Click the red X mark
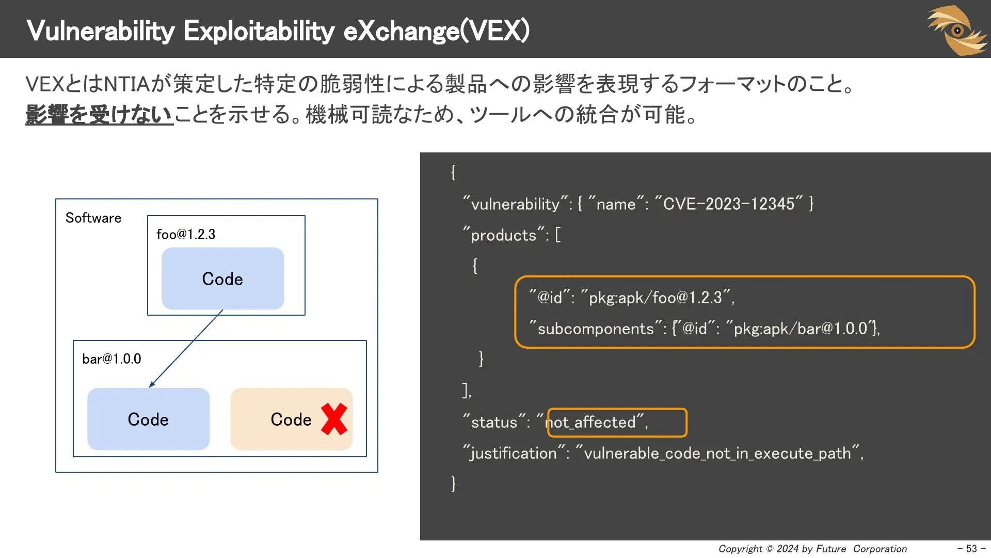click(x=334, y=419)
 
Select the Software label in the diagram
click(x=93, y=218)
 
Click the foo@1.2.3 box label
click(x=186, y=235)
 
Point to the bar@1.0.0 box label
click(x=111, y=359)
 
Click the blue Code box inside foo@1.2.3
click(x=222, y=279)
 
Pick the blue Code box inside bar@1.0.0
click(x=148, y=420)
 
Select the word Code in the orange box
click(x=291, y=420)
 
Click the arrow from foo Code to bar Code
click(x=186, y=349)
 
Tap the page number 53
click(x=971, y=549)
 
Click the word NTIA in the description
click(x=127, y=84)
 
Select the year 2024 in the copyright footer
click(x=787, y=549)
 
